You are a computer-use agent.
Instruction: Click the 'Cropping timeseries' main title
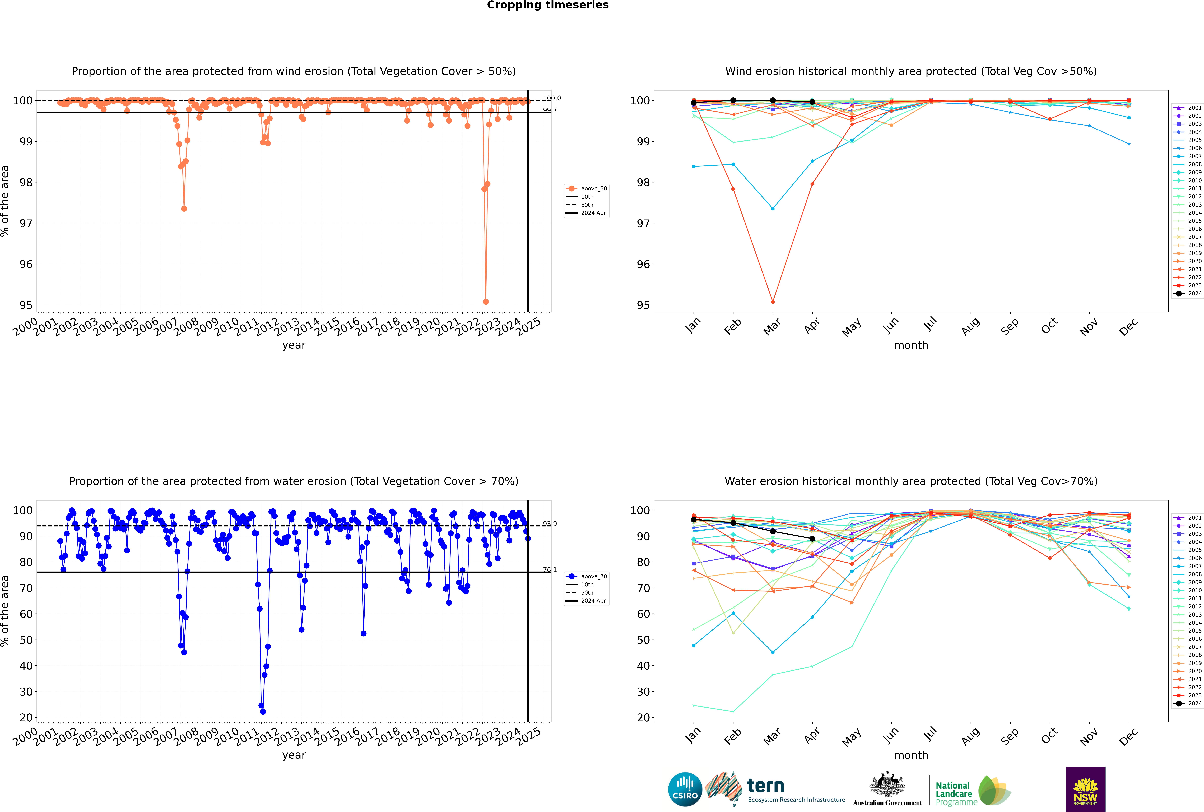548,5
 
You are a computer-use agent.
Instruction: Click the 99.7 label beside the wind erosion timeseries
550,110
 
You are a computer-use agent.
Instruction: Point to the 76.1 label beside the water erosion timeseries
550,570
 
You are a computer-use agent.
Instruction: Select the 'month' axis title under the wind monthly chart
911,345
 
